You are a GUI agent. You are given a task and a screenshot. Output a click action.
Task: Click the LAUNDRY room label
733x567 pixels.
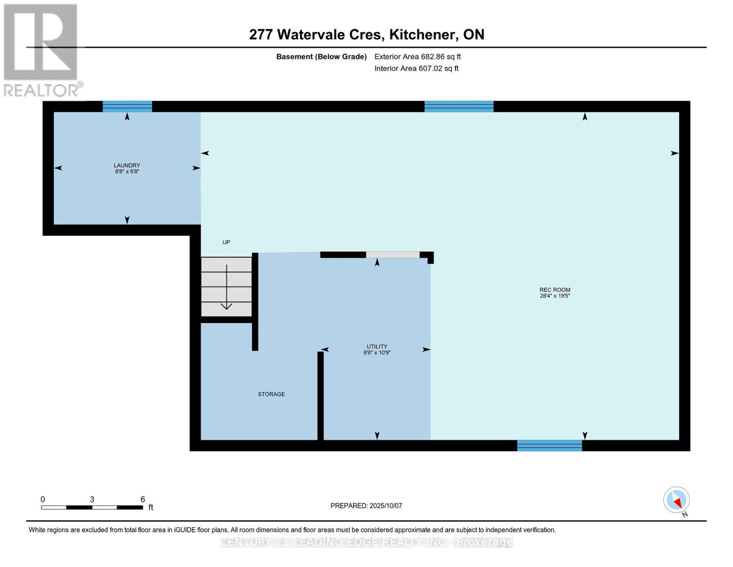tap(126, 165)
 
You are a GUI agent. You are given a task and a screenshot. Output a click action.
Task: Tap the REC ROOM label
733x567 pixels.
tap(555, 290)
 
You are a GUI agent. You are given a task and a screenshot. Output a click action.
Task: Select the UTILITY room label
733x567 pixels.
tap(377, 346)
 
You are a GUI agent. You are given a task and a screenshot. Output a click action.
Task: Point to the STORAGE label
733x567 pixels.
tap(271, 394)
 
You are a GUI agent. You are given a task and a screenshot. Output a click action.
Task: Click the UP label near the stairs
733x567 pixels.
tap(226, 242)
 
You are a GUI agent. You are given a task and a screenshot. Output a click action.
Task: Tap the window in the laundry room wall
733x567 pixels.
tap(127, 106)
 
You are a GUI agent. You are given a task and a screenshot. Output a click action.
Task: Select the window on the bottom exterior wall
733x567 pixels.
tap(549, 445)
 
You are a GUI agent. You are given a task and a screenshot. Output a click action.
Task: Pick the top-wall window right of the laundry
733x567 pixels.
tap(458, 106)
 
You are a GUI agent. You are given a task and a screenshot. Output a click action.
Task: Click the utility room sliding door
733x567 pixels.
tap(393, 255)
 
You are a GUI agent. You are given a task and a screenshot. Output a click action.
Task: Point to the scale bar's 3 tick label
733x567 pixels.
tap(92, 499)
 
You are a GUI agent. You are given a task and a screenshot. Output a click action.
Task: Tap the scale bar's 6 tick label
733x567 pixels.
tap(143, 499)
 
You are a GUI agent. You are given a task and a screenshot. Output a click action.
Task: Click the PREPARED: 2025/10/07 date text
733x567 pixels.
tap(366, 506)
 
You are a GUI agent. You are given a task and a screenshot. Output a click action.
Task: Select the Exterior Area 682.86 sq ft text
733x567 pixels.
tap(417, 57)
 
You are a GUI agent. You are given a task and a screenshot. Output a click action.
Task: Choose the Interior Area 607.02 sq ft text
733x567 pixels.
tap(416, 69)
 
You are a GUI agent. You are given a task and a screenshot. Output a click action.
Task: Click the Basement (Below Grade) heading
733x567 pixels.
tap(321, 57)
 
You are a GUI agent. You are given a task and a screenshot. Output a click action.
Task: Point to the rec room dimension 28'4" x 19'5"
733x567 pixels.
tap(555, 296)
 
